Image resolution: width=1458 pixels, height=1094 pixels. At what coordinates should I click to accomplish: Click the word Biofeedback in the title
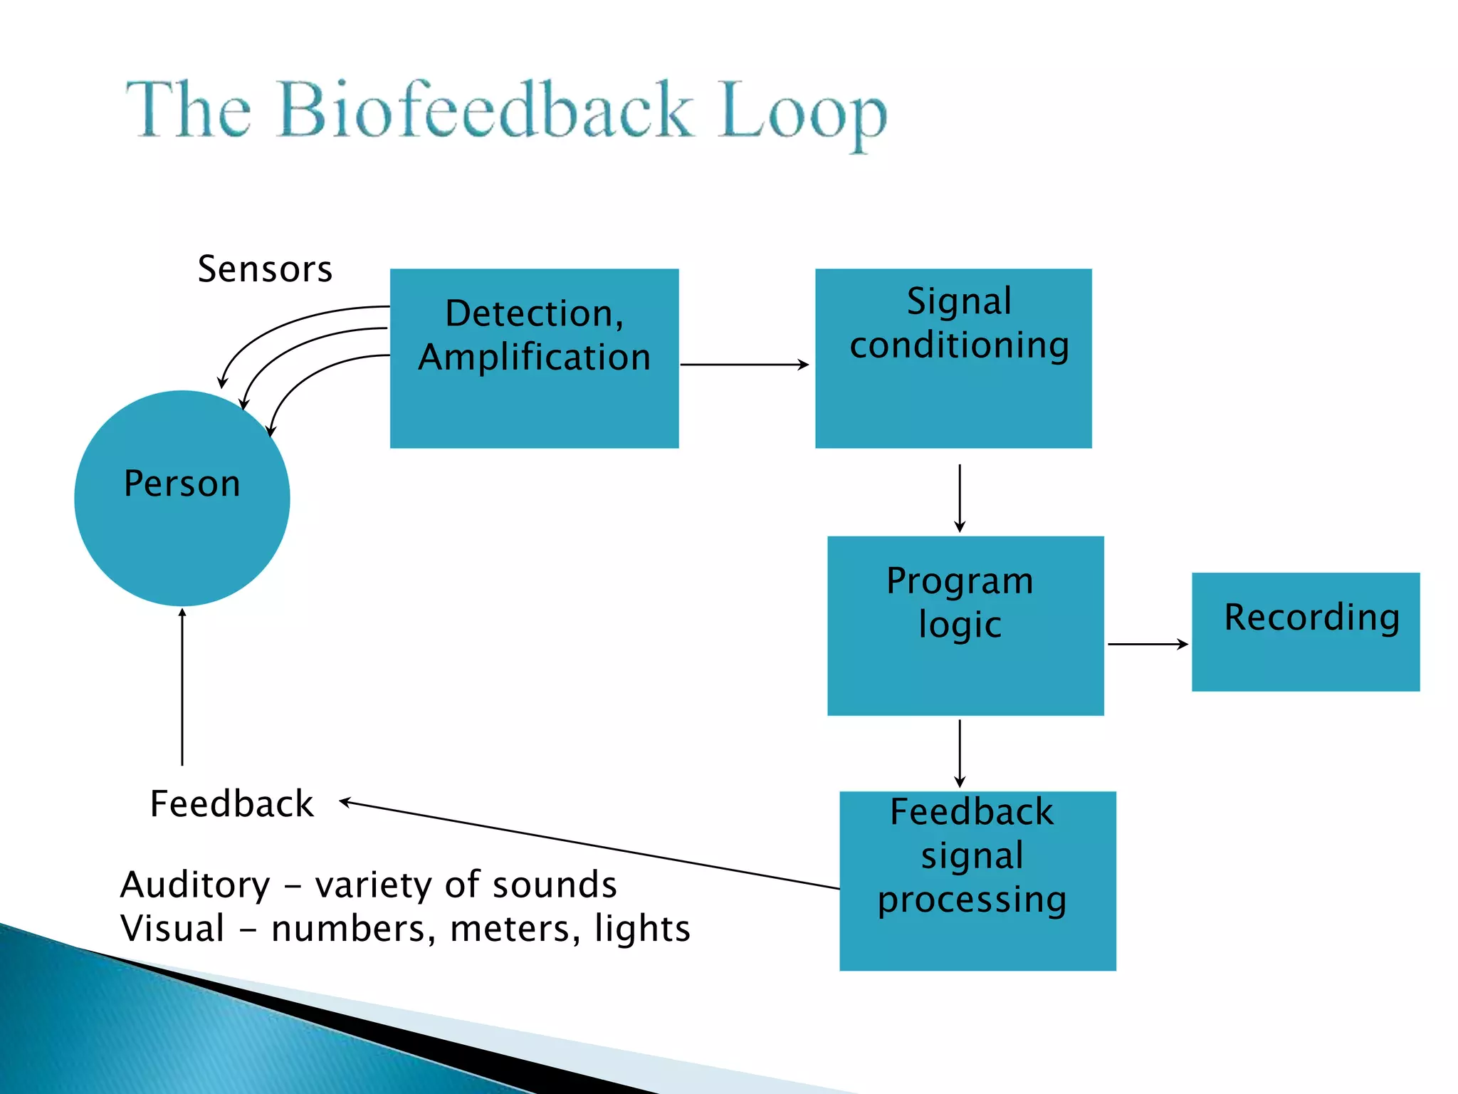click(486, 110)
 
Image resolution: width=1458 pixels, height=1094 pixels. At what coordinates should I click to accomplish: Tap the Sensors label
click(265, 269)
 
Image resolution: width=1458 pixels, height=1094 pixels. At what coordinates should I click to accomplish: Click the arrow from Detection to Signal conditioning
click(744, 365)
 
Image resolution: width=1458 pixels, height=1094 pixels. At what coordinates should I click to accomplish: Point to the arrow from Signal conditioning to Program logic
click(960, 498)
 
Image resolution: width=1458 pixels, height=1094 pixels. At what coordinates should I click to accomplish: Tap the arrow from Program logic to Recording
click(1148, 644)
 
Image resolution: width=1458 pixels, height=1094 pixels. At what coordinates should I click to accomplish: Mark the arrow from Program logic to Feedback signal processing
click(960, 753)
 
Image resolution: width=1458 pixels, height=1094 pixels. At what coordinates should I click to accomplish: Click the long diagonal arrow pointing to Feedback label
click(591, 845)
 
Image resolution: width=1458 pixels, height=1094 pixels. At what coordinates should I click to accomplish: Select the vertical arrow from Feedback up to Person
click(182, 687)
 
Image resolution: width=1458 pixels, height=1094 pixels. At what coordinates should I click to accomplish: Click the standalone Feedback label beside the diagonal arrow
click(232, 804)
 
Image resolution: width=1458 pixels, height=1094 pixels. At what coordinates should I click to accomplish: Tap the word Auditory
click(195, 885)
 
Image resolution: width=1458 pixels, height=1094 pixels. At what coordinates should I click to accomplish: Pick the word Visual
click(173, 929)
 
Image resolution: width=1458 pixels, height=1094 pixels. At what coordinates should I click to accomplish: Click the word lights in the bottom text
click(642, 929)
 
